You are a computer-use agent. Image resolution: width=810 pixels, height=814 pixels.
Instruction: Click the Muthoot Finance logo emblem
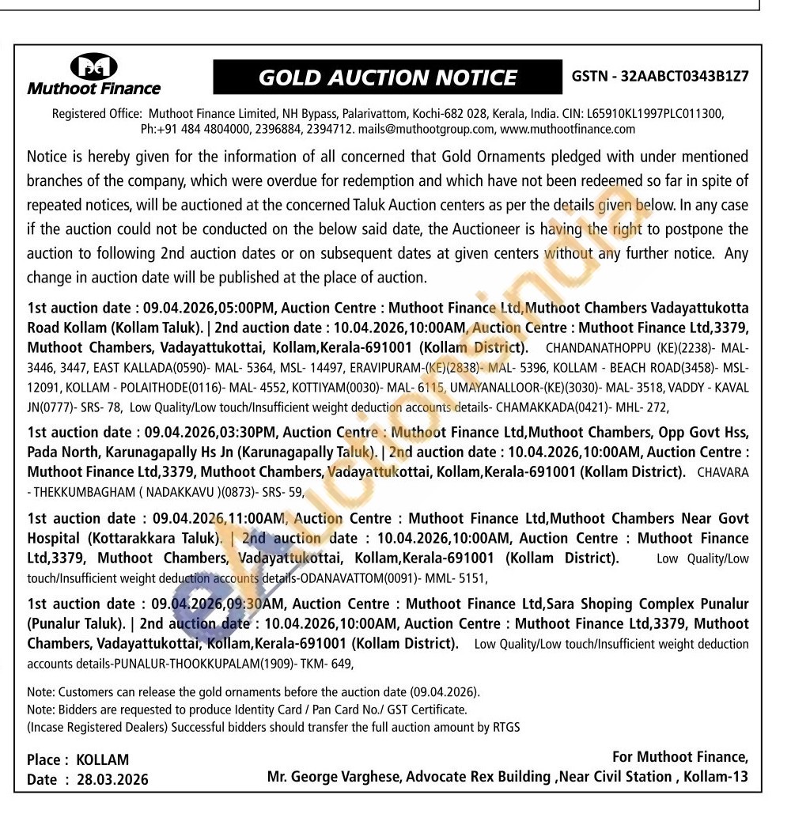click(x=93, y=66)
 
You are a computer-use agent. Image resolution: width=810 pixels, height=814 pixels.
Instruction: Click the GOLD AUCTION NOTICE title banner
click(x=388, y=78)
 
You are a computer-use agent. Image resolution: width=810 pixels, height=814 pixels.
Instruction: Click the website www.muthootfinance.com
click(x=568, y=128)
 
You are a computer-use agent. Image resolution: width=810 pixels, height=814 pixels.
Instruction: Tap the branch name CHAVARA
click(x=721, y=472)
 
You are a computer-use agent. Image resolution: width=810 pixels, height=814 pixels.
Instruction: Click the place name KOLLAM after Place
click(x=102, y=760)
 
